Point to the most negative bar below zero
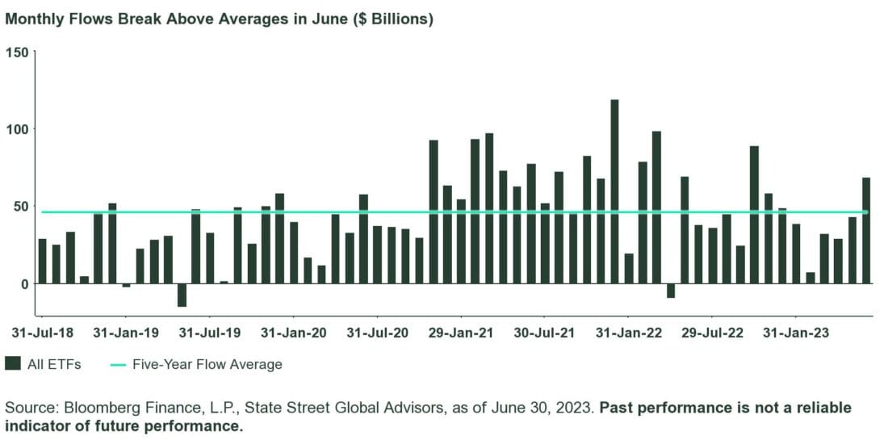tap(182, 295)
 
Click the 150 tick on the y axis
tap(17, 52)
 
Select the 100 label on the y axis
tap(17, 129)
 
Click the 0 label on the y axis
tap(23, 284)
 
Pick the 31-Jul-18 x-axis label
tap(41, 333)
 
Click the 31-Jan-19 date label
tap(125, 333)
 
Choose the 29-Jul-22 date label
tap(713, 333)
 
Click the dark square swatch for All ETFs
tap(12, 364)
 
